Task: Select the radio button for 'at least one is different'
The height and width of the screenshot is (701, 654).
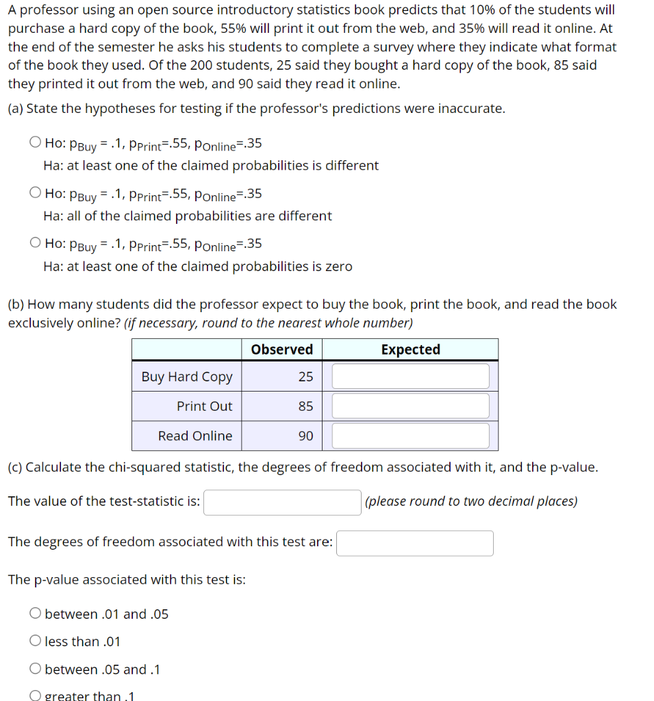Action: point(35,143)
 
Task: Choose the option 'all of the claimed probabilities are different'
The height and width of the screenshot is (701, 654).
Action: point(35,194)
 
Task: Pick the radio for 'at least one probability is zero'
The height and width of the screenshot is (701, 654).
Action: point(35,244)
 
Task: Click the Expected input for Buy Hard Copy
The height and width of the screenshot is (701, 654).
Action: point(410,377)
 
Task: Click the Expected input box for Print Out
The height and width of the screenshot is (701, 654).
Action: point(410,406)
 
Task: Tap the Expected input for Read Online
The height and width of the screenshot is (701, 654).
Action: point(410,435)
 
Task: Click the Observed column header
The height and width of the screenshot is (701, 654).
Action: point(281,350)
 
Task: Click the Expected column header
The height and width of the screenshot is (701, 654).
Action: point(410,350)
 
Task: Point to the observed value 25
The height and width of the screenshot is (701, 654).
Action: point(305,377)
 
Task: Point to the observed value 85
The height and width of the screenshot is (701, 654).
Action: point(305,406)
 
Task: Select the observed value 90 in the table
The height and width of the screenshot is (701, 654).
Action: point(305,435)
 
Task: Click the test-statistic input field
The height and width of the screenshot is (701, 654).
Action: point(282,502)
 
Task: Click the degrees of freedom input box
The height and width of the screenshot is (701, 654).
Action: point(414,543)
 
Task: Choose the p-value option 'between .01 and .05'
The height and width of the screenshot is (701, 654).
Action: point(35,614)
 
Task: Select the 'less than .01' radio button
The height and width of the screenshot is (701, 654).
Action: point(35,641)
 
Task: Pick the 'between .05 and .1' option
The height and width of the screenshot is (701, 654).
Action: point(35,670)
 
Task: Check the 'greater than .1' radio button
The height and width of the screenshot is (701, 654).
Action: point(35,696)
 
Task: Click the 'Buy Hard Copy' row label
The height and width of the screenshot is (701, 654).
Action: point(187,377)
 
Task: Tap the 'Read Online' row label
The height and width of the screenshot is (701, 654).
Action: point(194,435)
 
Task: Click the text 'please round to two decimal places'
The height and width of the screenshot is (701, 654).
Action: point(471,501)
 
